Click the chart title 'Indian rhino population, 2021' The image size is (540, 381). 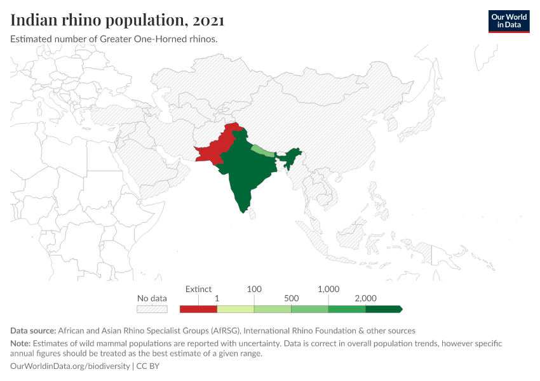coord(118,21)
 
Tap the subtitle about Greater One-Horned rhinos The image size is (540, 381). coord(114,39)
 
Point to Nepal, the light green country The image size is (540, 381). coord(262,151)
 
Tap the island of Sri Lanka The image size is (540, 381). coord(253,214)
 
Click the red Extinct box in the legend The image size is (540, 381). coord(198,309)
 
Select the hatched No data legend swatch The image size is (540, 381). coord(152,309)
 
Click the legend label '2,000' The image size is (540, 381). coord(366,298)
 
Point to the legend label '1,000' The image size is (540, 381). coord(328,289)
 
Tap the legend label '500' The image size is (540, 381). coord(292,298)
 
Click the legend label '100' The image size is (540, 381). coord(254,289)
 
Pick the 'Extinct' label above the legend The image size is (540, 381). coord(198,289)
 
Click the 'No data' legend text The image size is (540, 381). coord(152,298)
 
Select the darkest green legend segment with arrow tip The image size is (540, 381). coord(384,309)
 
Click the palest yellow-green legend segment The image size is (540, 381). coord(236,309)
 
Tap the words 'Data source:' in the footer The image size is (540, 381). coord(33,331)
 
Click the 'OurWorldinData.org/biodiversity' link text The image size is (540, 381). coord(70,366)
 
